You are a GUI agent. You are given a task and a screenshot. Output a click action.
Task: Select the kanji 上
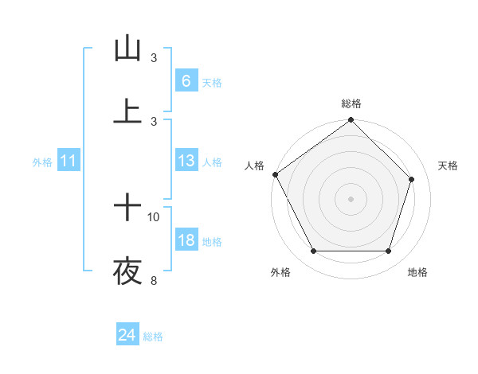tap(127, 111)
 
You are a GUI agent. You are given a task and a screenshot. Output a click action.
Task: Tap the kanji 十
tap(127, 208)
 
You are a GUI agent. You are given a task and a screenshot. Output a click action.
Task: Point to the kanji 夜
tap(127, 272)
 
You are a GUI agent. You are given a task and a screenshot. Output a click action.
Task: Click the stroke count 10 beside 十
tap(154, 216)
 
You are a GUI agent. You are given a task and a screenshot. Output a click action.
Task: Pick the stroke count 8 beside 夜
tap(154, 280)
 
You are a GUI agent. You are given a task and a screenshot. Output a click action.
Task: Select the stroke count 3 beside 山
tap(154, 57)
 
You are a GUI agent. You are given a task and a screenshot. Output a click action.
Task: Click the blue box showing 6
tap(186, 81)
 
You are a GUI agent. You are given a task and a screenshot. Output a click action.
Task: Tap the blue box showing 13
tap(186, 161)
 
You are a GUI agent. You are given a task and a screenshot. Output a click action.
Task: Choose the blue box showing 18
tap(186, 240)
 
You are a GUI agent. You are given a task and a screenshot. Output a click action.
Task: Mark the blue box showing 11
tap(69, 162)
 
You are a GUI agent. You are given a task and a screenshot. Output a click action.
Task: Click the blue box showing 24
tap(127, 335)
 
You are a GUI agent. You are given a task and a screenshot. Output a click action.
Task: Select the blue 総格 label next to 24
tap(154, 337)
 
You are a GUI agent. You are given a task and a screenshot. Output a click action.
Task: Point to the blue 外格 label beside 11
tap(42, 162)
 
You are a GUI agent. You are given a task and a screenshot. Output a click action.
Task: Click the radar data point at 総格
tap(351, 121)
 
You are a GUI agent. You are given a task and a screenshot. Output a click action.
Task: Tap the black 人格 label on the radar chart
tap(255, 166)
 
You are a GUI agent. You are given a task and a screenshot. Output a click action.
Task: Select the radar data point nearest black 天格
tap(412, 179)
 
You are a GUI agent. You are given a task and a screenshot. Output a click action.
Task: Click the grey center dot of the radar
tap(351, 198)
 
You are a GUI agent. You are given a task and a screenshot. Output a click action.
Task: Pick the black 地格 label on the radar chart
tap(417, 272)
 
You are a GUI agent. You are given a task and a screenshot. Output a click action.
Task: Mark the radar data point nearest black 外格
tap(313, 251)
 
